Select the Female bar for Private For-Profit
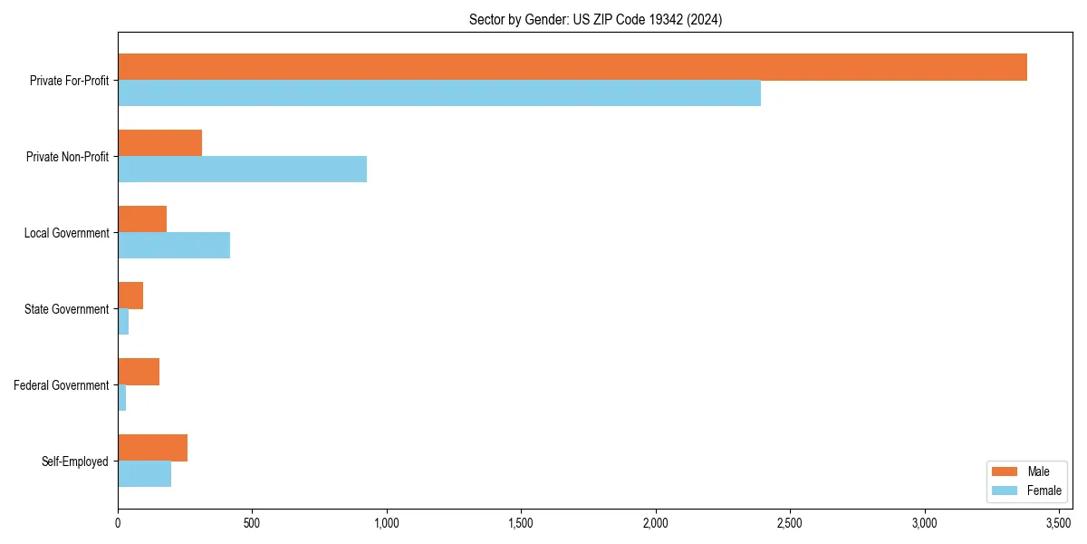[x=439, y=93]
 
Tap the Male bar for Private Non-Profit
[x=159, y=143]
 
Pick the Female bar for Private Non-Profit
[x=242, y=170]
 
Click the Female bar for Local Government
[x=174, y=246]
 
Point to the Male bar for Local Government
[x=142, y=219]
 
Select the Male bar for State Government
[x=130, y=296]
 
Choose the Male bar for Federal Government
[x=139, y=372]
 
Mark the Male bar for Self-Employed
[x=152, y=448]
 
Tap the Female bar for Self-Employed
[x=144, y=474]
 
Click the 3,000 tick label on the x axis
[x=924, y=523]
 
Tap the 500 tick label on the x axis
[x=252, y=523]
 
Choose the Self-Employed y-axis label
[x=75, y=461]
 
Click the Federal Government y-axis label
[x=62, y=385]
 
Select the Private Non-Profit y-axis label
[x=67, y=157]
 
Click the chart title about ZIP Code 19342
[x=595, y=19]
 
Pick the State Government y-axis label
[x=66, y=309]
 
